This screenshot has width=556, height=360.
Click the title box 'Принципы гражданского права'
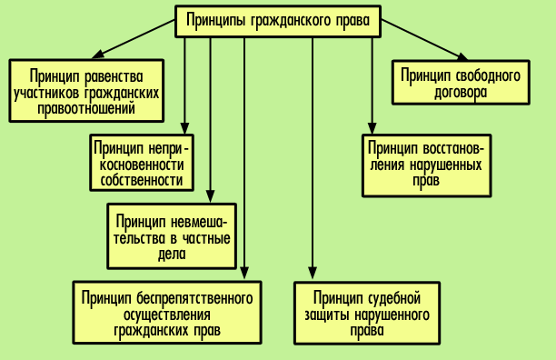(278, 20)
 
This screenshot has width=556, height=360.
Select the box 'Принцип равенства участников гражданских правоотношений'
(87, 90)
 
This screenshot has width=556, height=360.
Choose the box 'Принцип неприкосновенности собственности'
(143, 162)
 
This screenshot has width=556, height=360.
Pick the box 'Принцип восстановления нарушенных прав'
(426, 164)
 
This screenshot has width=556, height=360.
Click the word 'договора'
(460, 92)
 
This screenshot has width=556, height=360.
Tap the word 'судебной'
(392, 296)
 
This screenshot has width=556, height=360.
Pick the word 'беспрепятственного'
(194, 296)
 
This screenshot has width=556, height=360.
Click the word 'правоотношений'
(87, 107)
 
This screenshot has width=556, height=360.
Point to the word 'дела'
(170, 255)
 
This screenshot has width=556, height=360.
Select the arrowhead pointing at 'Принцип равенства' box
(98, 55)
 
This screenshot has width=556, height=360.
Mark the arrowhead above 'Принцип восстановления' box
(372, 128)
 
